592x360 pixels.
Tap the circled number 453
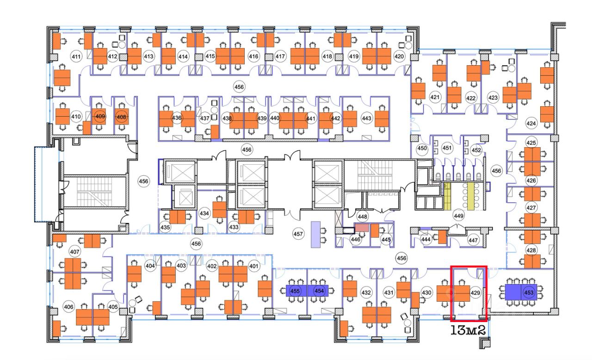pos(529,292)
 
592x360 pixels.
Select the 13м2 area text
pos(468,330)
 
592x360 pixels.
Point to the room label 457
pos(298,234)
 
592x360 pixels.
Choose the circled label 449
pos(458,216)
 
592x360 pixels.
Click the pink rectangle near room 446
pos(361,228)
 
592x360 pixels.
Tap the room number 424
pos(531,124)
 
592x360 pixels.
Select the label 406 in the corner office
pos(68,307)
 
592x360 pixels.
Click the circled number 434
pos(204,213)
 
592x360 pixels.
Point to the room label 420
pos(399,56)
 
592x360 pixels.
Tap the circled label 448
pos(363,217)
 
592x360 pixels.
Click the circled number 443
pos(367,118)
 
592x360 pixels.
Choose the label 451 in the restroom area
pos(447,148)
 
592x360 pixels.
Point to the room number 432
pos(366,292)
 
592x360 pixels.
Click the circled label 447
pos(473,240)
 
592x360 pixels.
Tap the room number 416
pos(253,56)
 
